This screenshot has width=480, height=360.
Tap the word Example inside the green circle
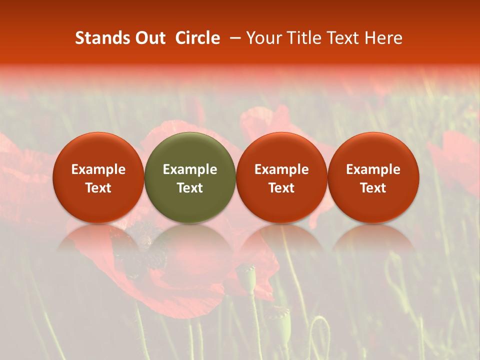[190, 169]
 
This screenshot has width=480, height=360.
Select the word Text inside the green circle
[190, 188]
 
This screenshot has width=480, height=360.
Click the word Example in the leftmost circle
[98, 169]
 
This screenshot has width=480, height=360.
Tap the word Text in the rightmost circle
[373, 188]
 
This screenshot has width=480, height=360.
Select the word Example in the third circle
[281, 169]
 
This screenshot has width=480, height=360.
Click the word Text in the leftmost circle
[98, 188]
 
